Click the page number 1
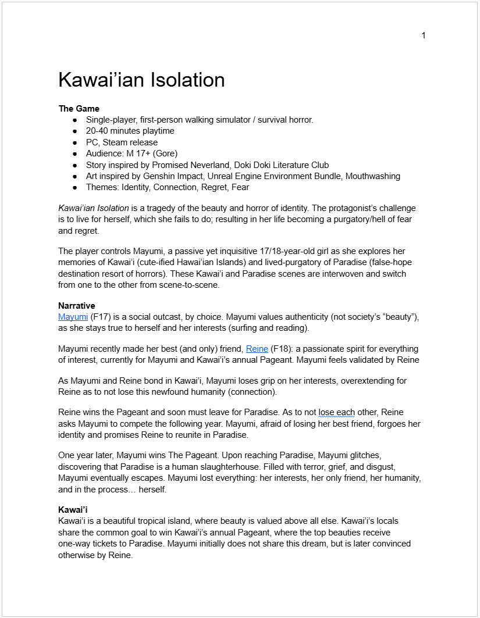click(424, 35)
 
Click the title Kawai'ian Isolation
click(141, 80)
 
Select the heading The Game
click(79, 109)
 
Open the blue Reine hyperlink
click(257, 349)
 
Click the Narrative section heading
click(76, 306)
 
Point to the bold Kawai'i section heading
click(73, 510)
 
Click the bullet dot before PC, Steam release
click(74, 142)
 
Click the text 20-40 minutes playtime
click(130, 131)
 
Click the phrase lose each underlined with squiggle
click(336, 413)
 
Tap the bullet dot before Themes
click(74, 188)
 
